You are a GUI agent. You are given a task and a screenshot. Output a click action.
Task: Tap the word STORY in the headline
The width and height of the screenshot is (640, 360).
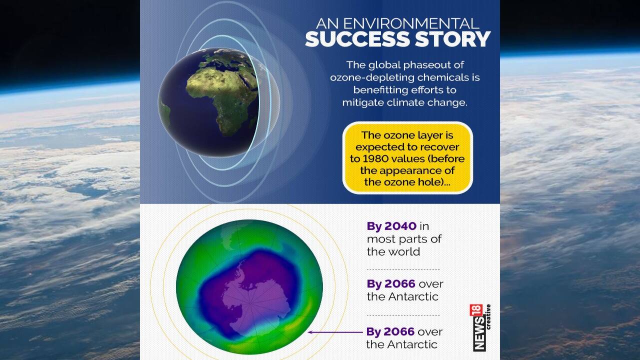(x=453, y=39)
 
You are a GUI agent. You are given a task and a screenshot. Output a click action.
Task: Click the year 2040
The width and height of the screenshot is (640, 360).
(x=400, y=226)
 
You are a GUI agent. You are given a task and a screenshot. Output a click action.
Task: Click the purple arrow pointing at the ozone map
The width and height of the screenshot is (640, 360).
(x=335, y=332)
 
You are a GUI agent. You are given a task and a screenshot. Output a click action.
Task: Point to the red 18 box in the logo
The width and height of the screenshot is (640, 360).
(x=476, y=310)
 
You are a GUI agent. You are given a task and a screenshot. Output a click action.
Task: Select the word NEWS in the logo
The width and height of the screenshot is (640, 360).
(x=479, y=333)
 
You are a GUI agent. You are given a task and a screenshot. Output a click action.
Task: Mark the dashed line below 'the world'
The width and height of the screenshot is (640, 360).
(x=403, y=269)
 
